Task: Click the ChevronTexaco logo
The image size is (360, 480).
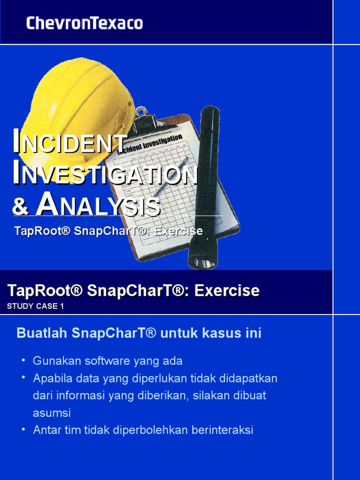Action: (x=84, y=23)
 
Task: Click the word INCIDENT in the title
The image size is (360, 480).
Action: (x=70, y=143)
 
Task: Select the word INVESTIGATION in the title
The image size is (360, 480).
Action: (x=105, y=174)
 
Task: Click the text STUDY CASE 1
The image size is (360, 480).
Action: (x=35, y=307)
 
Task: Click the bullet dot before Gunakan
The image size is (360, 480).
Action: (x=23, y=361)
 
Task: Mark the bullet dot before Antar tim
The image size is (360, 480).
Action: (x=23, y=430)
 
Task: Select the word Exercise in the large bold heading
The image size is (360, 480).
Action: (x=227, y=291)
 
